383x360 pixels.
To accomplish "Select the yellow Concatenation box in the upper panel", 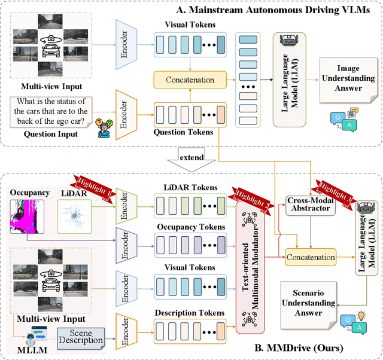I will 190,80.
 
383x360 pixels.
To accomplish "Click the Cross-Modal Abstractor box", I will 310,205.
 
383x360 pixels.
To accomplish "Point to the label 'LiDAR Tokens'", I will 190,188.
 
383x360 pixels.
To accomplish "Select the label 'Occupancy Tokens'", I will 190,227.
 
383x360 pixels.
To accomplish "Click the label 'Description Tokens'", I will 190,313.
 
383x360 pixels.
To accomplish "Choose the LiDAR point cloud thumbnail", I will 75,213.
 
